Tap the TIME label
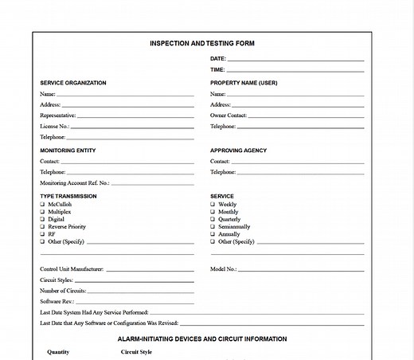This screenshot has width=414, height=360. (x=217, y=70)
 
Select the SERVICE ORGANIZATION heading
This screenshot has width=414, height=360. (x=72, y=83)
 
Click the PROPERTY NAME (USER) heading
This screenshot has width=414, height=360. (x=244, y=83)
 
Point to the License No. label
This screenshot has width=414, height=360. (x=54, y=127)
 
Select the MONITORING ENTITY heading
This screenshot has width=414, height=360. (x=68, y=151)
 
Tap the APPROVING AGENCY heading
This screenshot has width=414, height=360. (x=238, y=151)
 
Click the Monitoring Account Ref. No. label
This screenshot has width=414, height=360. (x=75, y=183)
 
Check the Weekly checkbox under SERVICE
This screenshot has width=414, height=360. (x=213, y=205)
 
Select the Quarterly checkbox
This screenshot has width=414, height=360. (x=213, y=220)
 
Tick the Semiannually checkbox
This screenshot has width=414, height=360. (x=213, y=227)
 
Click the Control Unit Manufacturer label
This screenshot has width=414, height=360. (x=72, y=269)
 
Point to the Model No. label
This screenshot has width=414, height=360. (x=224, y=269)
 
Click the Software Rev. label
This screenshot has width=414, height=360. (x=57, y=302)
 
